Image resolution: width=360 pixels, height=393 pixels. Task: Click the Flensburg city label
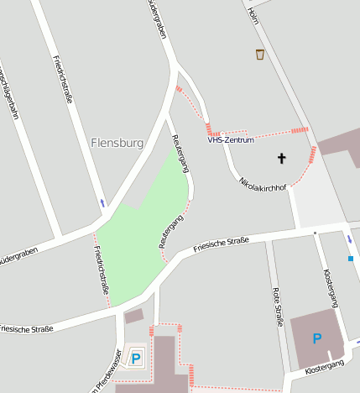tap(117, 143)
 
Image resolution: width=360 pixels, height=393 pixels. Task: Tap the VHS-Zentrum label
tap(231, 139)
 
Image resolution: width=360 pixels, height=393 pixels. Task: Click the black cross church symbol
tap(281, 158)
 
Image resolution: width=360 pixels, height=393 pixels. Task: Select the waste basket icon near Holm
tap(260, 55)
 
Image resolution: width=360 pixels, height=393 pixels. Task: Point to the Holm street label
tap(253, 15)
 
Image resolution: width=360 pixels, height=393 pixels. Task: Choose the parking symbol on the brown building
tap(316, 338)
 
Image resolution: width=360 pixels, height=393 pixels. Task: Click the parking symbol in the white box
tap(136, 358)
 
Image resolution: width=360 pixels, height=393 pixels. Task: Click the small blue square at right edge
tap(351, 259)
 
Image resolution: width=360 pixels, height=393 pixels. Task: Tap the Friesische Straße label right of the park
tap(221, 245)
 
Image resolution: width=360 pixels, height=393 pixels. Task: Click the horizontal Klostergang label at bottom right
tap(325, 368)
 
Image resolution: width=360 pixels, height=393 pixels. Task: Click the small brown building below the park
tap(133, 317)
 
